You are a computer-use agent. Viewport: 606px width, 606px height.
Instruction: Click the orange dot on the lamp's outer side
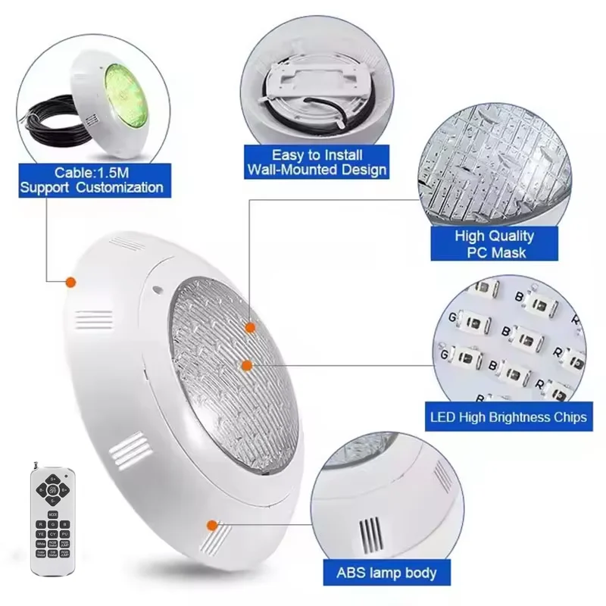pos(70,282)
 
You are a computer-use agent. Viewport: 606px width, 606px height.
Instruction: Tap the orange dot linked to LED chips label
pos(245,365)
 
